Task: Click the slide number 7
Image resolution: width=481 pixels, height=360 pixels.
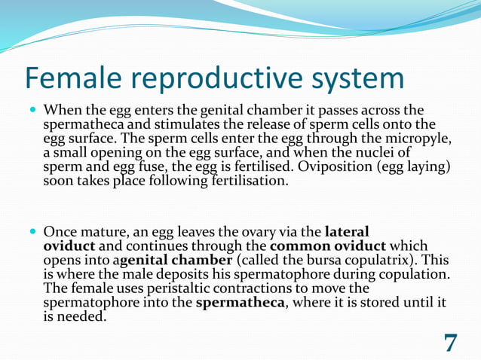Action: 450,343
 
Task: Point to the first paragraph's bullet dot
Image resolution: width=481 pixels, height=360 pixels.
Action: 32,110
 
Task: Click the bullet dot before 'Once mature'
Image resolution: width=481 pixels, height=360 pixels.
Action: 32,232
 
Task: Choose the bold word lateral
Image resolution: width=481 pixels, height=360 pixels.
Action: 347,232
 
